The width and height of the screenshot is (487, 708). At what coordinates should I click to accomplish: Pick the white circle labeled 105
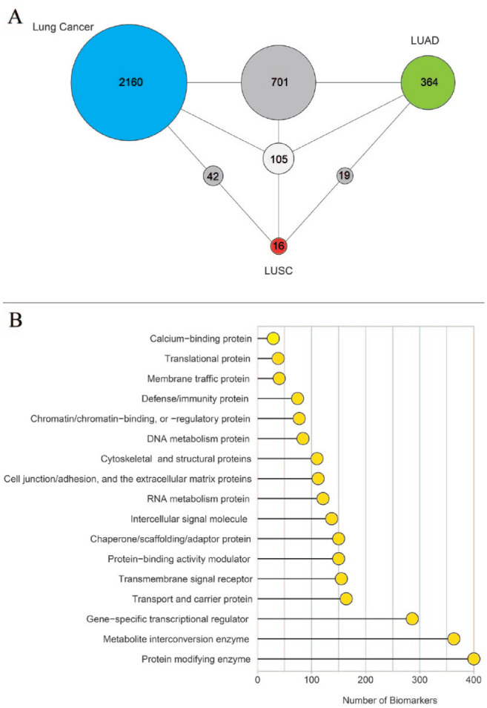279,158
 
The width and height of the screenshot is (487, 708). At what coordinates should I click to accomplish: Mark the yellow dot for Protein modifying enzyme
474,658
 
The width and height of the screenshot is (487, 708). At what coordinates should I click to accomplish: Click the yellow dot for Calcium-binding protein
273,338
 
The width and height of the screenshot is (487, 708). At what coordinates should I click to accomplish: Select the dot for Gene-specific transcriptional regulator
412,618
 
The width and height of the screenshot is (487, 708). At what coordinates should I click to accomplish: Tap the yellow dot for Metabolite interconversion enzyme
454,638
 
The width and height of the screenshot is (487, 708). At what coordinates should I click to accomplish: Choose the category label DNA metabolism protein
204,439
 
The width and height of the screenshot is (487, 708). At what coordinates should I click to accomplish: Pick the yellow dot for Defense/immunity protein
297,399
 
